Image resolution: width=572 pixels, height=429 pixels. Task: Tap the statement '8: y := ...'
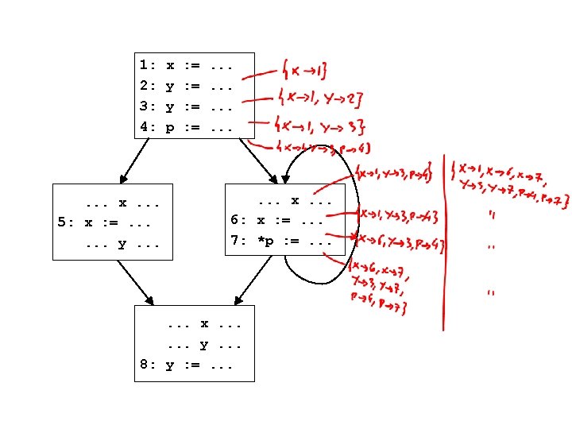[186, 365]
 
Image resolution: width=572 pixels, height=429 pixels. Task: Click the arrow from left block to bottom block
[133, 282]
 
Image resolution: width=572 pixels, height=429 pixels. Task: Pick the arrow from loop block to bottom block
[253, 280]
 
